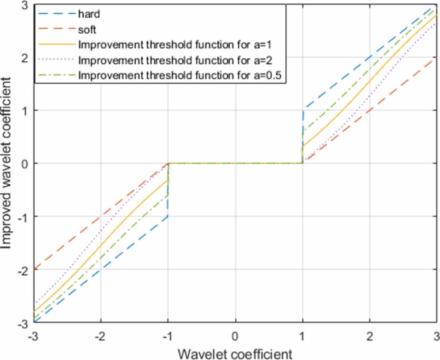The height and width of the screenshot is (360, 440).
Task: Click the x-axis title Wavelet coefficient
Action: click(x=235, y=353)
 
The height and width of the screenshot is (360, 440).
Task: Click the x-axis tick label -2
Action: click(x=100, y=335)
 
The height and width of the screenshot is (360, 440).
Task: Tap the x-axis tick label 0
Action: click(x=235, y=335)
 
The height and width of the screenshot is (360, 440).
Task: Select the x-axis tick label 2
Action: click(x=370, y=335)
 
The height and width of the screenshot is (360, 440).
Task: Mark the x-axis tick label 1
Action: click(x=303, y=335)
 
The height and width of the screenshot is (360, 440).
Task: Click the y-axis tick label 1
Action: click(x=24, y=110)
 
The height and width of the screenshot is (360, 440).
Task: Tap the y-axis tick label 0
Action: click(x=24, y=163)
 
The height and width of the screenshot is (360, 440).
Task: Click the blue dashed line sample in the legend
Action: click(x=56, y=14)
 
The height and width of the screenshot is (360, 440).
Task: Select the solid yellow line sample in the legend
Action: click(x=56, y=44)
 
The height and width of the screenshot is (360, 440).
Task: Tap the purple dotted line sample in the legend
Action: click(x=56, y=60)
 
